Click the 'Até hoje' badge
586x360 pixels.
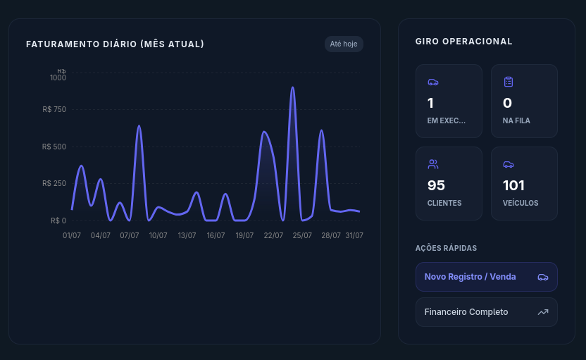(x=344, y=44)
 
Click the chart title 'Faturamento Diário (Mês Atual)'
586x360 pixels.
(x=115, y=44)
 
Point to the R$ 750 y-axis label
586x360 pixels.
(x=54, y=109)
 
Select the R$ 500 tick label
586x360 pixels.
(x=54, y=147)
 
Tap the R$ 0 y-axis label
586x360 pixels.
(x=58, y=221)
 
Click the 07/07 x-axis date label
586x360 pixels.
(x=130, y=235)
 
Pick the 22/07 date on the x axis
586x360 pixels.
(x=273, y=235)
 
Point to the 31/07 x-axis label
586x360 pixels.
(x=354, y=235)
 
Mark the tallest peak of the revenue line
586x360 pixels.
(x=292, y=87)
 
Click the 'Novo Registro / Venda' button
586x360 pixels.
(x=486, y=277)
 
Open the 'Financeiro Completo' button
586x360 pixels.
(x=486, y=312)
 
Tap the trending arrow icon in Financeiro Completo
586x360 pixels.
(x=543, y=312)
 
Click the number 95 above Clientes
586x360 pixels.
(x=436, y=185)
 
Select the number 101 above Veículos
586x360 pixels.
(x=514, y=185)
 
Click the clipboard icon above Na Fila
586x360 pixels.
(x=509, y=82)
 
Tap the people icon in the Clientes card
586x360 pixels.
(x=432, y=164)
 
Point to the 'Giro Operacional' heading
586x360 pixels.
(x=463, y=42)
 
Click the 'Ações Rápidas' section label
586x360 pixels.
(x=447, y=248)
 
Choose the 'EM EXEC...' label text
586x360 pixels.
(x=447, y=120)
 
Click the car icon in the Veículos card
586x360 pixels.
(x=509, y=164)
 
